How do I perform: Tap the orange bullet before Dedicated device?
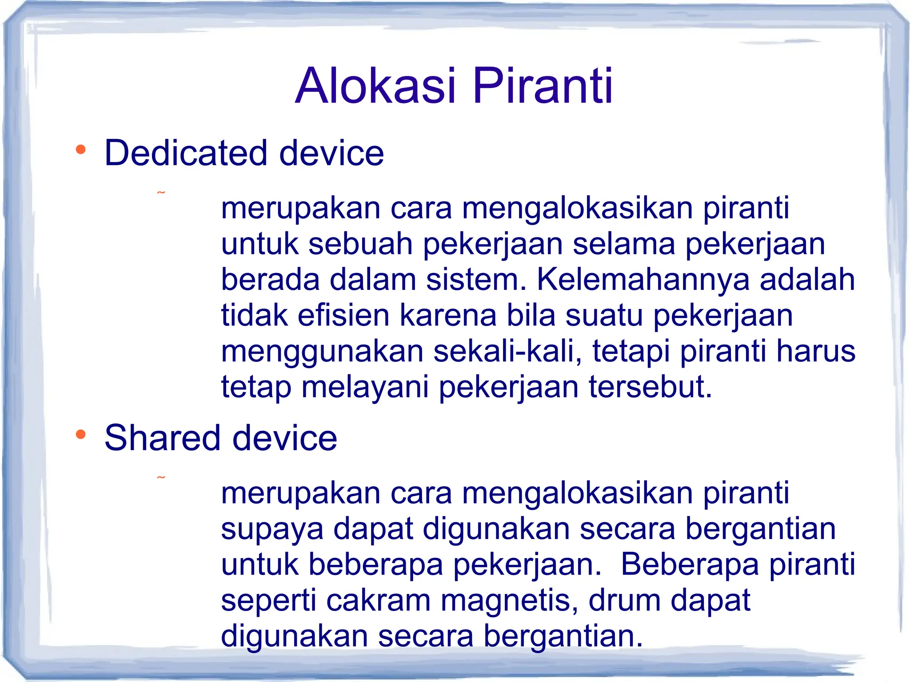80,150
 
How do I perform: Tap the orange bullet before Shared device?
80,434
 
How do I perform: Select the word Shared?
162,438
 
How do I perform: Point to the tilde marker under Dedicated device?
161,193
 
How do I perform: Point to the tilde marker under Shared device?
161,478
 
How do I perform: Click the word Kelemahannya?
643,279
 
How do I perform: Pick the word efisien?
343,315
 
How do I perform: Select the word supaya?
272,530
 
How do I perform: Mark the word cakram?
378,601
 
